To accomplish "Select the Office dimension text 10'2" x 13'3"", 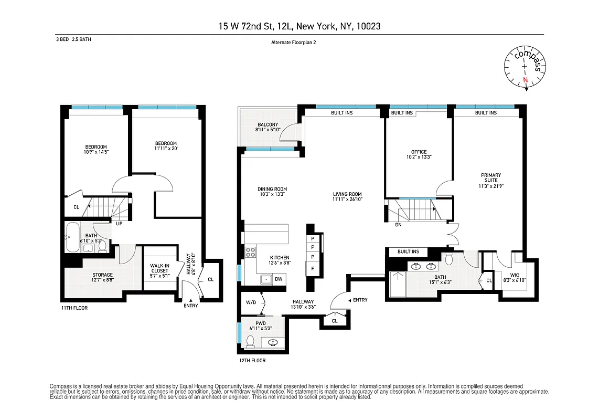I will click(x=419, y=157).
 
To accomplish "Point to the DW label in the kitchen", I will click(x=279, y=279).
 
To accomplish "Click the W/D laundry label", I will click(x=251, y=302).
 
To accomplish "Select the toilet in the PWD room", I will click(x=251, y=342).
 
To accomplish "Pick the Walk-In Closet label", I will click(x=159, y=268).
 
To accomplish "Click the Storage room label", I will click(x=103, y=275).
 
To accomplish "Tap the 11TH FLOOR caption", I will click(x=73, y=308).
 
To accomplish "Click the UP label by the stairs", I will click(x=119, y=224).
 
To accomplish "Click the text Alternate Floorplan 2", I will click(x=293, y=43).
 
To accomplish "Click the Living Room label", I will click(x=347, y=194).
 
